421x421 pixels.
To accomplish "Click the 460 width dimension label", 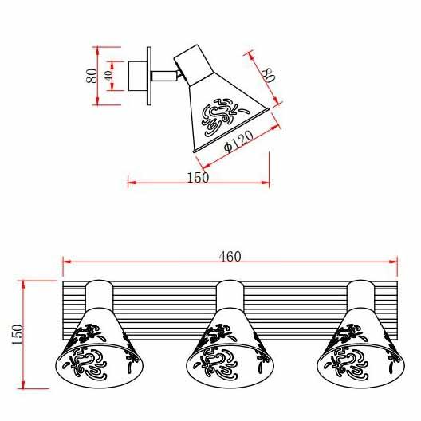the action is click(x=230, y=256).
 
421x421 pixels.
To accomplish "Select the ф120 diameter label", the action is click(x=238, y=141).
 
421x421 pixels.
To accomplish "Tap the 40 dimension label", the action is click(x=108, y=76).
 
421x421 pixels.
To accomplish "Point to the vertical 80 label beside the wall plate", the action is click(x=92, y=76).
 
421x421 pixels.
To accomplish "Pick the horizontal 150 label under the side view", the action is click(x=198, y=178).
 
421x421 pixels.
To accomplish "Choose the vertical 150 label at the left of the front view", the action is click(x=18, y=335).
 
